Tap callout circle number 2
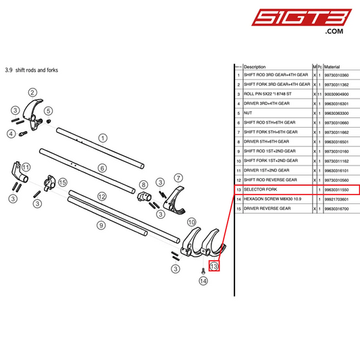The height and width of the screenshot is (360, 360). (32, 92)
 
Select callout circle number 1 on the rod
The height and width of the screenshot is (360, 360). (103, 137)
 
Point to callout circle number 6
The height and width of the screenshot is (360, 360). (103, 168)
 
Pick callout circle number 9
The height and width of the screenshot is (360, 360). (101, 225)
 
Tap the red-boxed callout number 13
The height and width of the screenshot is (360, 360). (214, 266)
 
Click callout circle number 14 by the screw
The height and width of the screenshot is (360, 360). (203, 281)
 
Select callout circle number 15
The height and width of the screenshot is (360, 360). (63, 182)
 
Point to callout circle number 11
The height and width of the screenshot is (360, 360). (26, 168)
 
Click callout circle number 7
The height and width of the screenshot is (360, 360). (178, 178)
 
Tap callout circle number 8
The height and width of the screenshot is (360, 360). (143, 184)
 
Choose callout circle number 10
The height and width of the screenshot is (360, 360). (191, 222)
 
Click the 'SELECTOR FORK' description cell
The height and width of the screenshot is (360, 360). (277, 190)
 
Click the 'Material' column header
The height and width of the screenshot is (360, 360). (332, 67)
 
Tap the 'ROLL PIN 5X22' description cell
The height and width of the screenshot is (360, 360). (277, 94)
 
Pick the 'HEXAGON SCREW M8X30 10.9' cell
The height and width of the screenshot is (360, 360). (277, 199)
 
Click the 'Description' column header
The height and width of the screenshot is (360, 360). (255, 67)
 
